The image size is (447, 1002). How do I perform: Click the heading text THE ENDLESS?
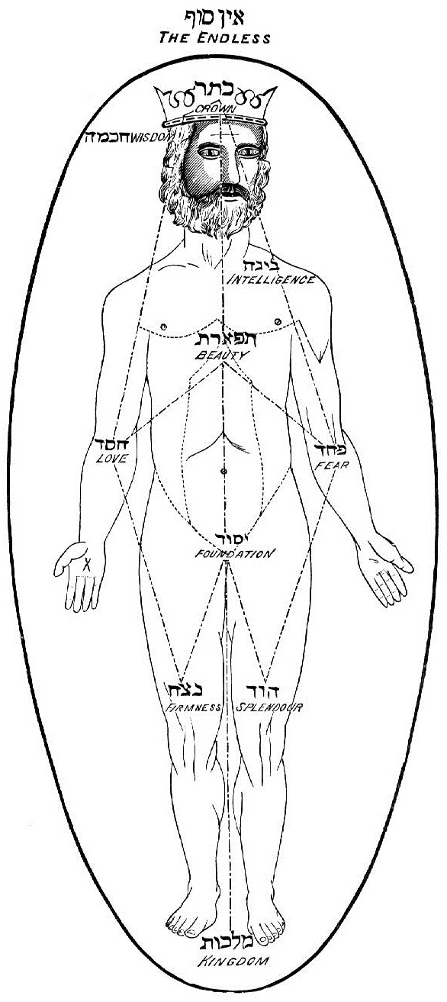pyautogui.click(x=214, y=37)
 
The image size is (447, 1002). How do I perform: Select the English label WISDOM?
pyautogui.click(x=152, y=137)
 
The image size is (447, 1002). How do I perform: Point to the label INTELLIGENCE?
pyautogui.click(x=271, y=280)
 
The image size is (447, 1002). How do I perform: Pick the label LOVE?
pyautogui.click(x=112, y=458)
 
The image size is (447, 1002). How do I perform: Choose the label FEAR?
pyautogui.click(x=332, y=465)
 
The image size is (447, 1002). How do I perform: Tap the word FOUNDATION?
pyautogui.click(x=233, y=554)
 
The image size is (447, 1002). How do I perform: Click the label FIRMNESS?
pyautogui.click(x=194, y=707)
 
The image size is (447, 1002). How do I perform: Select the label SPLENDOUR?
pyautogui.click(x=269, y=707)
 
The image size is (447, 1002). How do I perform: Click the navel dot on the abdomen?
pyautogui.click(x=223, y=471)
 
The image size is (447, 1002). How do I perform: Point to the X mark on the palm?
pyautogui.click(x=88, y=565)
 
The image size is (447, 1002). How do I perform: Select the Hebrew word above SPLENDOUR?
pyautogui.click(x=263, y=691)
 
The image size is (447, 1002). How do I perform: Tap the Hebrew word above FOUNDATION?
pyautogui.click(x=232, y=538)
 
